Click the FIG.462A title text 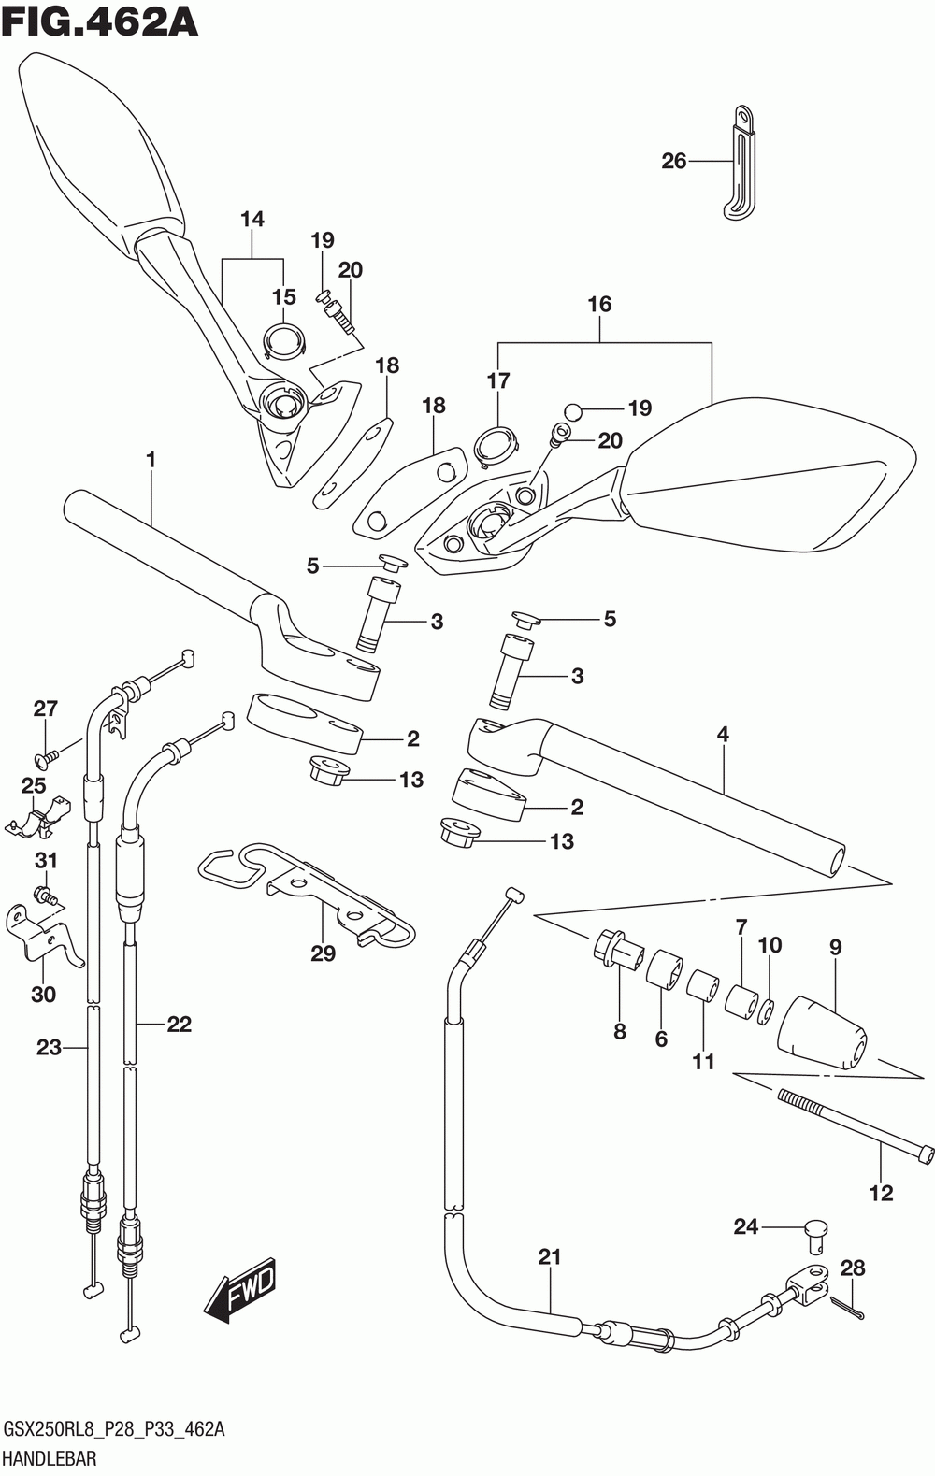(x=100, y=24)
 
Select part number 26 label (x=673, y=162)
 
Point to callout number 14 (x=252, y=220)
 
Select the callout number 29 (x=323, y=953)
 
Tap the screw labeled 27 (x=50, y=758)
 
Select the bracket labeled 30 (x=44, y=935)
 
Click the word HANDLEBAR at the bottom (x=50, y=1458)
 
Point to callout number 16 (x=599, y=304)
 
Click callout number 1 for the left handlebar (x=151, y=460)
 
